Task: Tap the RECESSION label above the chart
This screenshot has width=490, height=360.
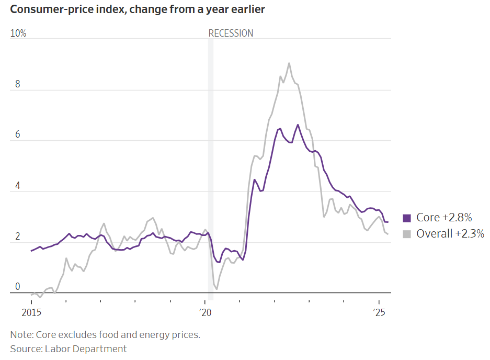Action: (231, 33)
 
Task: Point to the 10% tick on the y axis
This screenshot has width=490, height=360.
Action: (18, 33)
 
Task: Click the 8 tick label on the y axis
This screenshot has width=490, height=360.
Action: (17, 84)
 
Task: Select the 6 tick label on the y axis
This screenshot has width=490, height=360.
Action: (17, 134)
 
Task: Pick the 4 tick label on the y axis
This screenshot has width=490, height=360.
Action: (17, 185)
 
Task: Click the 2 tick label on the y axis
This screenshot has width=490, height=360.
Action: (17, 237)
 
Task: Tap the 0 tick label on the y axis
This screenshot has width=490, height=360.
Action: (17, 286)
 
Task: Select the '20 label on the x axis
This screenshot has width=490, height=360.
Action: (204, 313)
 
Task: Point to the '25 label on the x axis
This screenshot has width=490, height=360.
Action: (379, 313)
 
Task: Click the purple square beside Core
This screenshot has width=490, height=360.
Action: (407, 218)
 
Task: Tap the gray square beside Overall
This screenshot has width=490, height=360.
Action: (407, 234)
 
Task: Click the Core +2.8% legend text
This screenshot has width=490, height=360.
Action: (444, 218)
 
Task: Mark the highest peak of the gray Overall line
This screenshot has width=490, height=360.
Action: (289, 63)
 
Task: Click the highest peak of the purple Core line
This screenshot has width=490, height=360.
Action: (298, 125)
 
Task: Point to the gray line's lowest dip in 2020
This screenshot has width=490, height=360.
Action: (216, 289)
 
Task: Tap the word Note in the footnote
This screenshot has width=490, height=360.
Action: (20, 335)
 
